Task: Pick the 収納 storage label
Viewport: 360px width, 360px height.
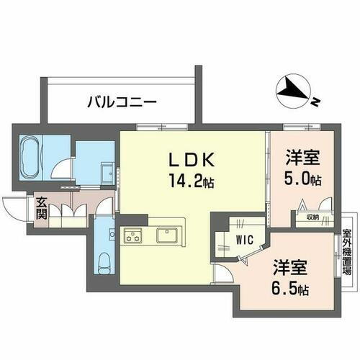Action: pyautogui.click(x=310, y=215)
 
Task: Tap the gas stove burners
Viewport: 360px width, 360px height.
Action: pyautogui.click(x=134, y=234)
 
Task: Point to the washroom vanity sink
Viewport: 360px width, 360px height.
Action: pyautogui.click(x=104, y=171)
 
